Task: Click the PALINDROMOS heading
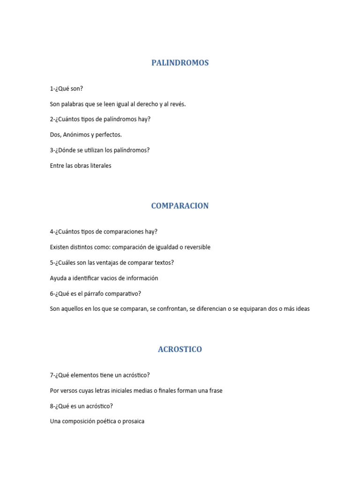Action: [180, 63]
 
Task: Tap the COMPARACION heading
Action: [180, 206]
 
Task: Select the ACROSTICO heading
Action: [180, 349]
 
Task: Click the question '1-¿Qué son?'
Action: [66, 89]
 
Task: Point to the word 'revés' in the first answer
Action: [178, 104]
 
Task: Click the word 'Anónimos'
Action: [76, 135]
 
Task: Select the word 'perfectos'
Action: [108, 135]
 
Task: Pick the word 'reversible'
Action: [196, 247]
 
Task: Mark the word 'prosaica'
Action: [133, 421]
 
